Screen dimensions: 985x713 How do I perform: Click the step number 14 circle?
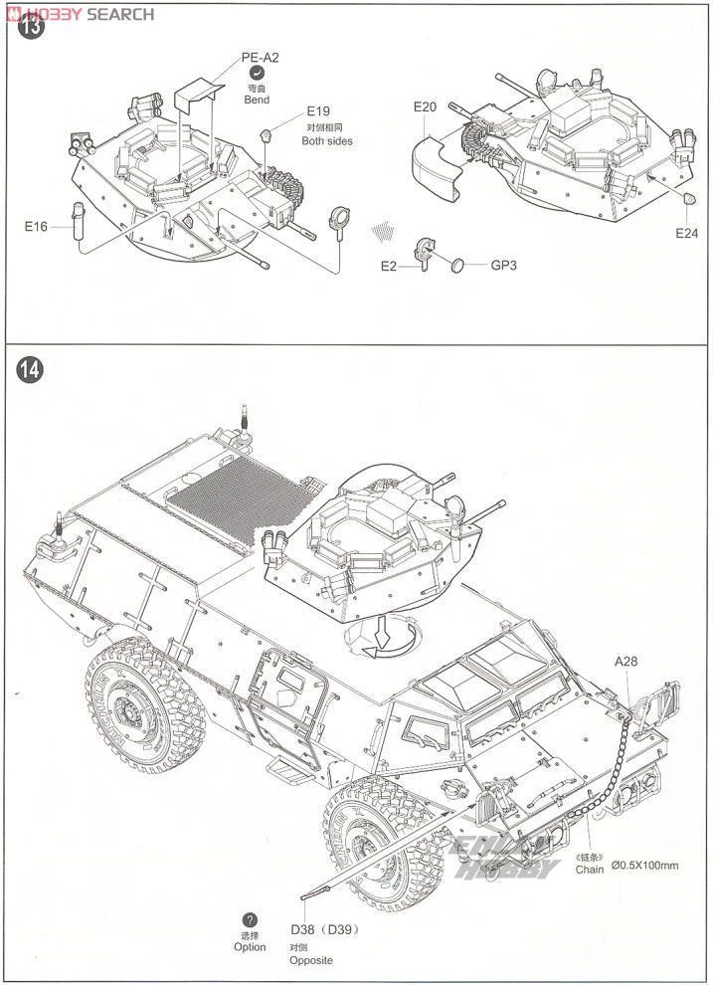tap(30, 370)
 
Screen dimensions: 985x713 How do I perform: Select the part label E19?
tap(317, 111)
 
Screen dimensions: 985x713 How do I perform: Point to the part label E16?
tap(36, 227)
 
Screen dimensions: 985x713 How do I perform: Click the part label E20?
tap(425, 106)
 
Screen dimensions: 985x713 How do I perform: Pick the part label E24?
tap(687, 233)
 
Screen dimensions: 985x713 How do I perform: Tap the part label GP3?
tap(504, 266)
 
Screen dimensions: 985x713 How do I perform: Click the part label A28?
tap(625, 661)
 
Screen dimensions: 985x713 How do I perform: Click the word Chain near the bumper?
tap(590, 869)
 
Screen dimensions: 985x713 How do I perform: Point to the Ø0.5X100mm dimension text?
tap(645, 866)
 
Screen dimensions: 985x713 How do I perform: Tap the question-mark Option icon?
tap(250, 920)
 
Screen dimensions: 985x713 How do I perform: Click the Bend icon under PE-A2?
tap(257, 74)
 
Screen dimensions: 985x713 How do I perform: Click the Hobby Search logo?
tap(80, 14)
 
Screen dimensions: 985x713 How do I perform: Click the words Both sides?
tap(327, 141)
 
